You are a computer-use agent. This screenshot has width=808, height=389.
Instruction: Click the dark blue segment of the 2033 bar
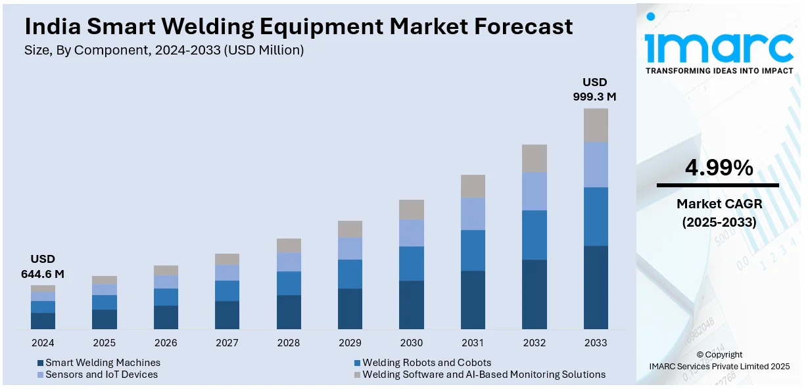pos(596,287)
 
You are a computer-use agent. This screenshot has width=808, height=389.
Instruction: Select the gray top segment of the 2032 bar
pos(535,158)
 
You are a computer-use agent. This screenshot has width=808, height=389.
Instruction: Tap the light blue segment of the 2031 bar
pos(473,214)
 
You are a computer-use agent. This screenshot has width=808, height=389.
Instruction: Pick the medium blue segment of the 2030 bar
pos(412,263)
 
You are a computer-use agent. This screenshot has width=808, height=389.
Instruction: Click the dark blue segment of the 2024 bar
pos(43,321)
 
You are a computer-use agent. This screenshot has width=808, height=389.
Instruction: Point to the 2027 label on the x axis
pos(227,343)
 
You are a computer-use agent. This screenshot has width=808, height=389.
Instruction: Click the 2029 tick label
pos(350,343)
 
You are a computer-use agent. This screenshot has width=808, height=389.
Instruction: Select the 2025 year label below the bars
pos(104,343)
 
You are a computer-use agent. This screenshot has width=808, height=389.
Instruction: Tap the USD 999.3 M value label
pos(595,89)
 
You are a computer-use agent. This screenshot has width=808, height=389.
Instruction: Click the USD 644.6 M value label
pos(43,266)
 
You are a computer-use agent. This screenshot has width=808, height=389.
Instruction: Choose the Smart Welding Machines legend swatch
pos(41,363)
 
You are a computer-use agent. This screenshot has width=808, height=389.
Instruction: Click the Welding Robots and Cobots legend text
pos(427,363)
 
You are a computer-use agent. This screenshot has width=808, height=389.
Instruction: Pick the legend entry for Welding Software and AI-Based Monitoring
pos(484,375)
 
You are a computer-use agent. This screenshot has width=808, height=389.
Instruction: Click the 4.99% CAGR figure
pos(719,169)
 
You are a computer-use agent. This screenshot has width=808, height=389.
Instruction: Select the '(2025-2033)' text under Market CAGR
pos(719,223)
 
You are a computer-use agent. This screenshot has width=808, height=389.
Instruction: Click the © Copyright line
pos(719,355)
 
